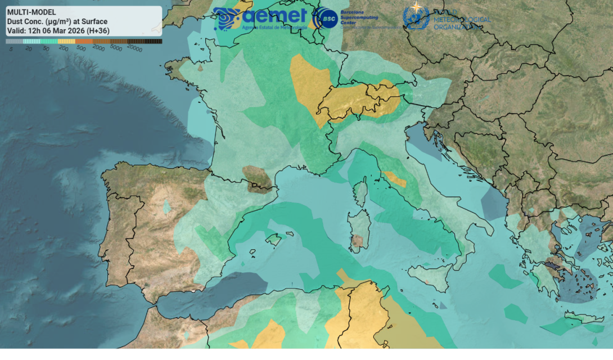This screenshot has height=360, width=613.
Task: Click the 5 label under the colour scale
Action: pos(11,49)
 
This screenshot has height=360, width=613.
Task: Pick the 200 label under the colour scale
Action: pos(63,49)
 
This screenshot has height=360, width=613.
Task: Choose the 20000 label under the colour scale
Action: pos(134,49)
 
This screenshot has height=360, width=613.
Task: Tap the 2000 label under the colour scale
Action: pos(98,49)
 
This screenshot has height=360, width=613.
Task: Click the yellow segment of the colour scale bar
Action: pos(66,42)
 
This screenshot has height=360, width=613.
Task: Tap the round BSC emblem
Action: pos(326,19)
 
